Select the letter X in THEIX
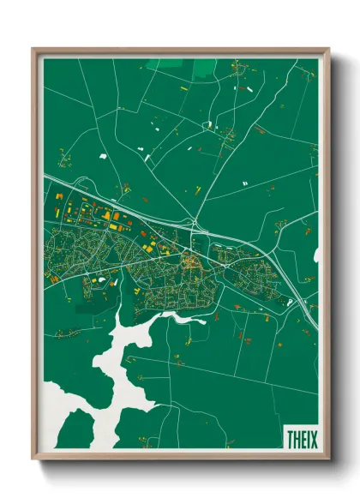tap(312, 438)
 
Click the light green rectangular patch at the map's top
tap(204, 68)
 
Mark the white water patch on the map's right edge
tap(315, 255)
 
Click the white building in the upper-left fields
tap(104, 157)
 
